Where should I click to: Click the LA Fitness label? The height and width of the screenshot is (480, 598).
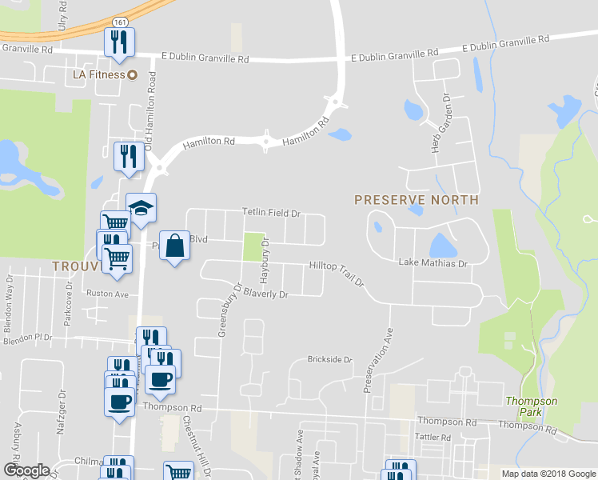pos(94,74)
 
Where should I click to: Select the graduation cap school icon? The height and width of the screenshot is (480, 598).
pos(142,209)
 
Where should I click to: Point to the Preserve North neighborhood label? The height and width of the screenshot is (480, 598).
pos(417,200)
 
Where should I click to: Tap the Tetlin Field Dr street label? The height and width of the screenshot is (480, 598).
pos(271,214)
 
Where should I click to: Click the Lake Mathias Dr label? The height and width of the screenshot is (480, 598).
pos(433,262)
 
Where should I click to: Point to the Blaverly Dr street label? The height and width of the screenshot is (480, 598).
pos(265,294)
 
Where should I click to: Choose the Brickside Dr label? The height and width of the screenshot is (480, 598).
pos(329,360)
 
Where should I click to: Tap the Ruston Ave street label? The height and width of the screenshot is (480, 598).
pos(107,294)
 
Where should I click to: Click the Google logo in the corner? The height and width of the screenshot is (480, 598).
pos(26,470)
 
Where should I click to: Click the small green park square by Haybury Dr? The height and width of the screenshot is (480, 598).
pos(253,246)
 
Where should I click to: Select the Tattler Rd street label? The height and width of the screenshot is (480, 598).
pos(434,438)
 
